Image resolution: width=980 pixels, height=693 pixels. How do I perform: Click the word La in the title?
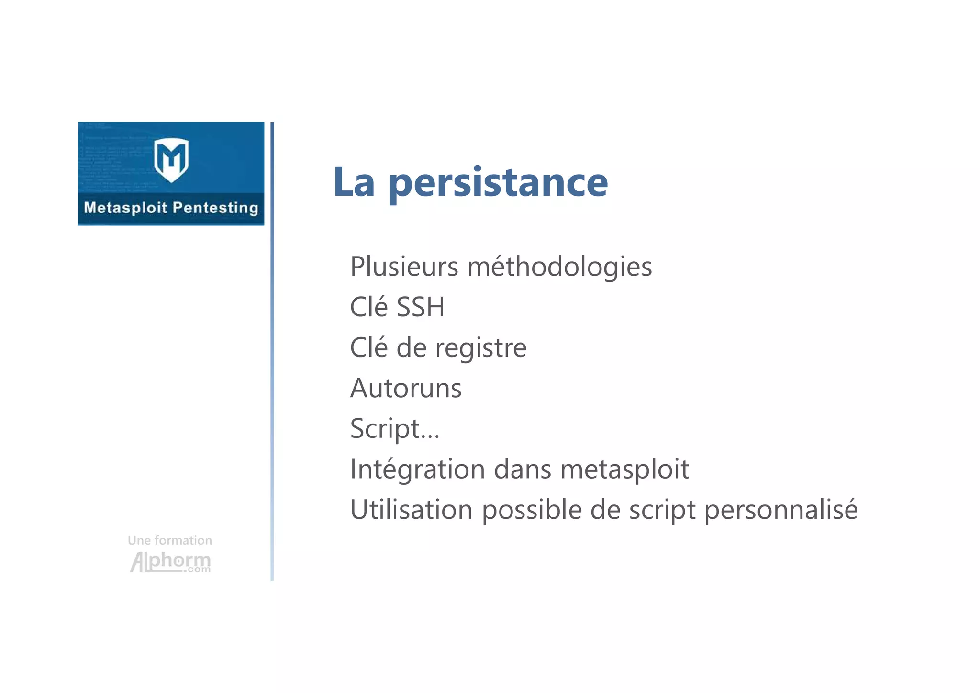[x=354, y=183]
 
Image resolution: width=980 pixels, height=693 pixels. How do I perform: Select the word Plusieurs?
[x=404, y=267]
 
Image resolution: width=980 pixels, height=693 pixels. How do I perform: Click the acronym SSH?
[x=421, y=307]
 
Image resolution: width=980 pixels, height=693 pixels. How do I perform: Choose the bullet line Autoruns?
[x=406, y=388]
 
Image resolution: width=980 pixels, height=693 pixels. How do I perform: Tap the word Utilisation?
[x=412, y=510]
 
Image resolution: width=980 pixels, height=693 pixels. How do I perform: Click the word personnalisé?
[x=781, y=510]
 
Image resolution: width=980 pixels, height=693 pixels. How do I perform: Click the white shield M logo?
[x=171, y=159]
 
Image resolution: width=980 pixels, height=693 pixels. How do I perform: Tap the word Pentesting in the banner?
[x=215, y=208]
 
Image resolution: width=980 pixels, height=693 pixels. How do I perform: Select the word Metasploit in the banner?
[x=125, y=208]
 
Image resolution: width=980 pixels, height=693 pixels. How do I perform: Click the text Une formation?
[x=170, y=541]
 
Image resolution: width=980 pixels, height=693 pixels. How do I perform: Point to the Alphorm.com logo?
[x=170, y=562]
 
